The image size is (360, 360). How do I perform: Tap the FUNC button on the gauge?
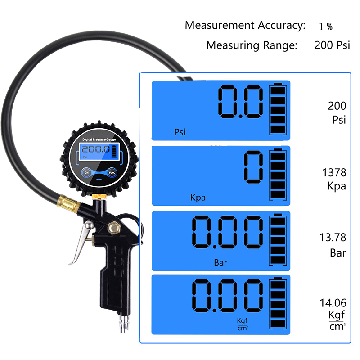112,172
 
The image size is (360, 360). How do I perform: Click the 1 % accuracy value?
326,26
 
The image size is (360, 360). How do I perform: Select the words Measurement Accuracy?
245,25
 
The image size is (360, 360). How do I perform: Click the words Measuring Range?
252,45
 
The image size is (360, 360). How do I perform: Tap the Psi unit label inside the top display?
180,132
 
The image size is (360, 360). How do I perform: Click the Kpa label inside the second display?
198,198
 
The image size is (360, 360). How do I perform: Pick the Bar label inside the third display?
220,262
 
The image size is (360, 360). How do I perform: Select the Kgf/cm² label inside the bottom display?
243,324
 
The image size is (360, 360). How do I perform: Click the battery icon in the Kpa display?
277,174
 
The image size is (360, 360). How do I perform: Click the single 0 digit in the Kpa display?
253,168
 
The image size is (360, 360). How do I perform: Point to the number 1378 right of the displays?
334,173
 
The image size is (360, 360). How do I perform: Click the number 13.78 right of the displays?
334,237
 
